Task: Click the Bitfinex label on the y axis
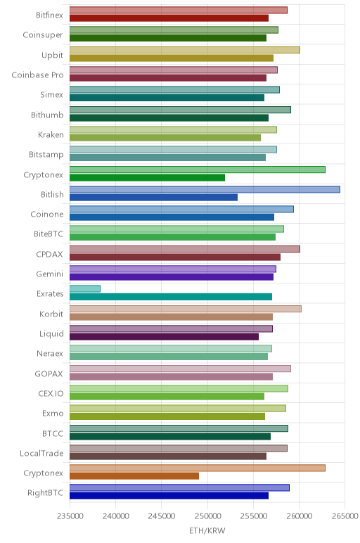click(49, 15)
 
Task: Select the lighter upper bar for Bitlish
click(205, 189)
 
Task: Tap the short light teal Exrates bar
click(85, 289)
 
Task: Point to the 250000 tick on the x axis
click(207, 516)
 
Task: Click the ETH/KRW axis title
click(207, 530)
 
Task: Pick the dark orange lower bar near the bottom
click(134, 475)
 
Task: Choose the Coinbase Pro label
click(38, 75)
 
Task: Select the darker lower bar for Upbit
click(172, 58)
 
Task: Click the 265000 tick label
click(345, 516)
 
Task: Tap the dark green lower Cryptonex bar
click(147, 178)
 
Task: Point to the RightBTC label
click(45, 493)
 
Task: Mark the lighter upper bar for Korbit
click(186, 309)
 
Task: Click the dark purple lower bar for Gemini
click(172, 277)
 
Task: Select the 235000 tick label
click(70, 516)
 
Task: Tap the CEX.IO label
click(51, 393)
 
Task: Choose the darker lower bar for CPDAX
click(175, 257)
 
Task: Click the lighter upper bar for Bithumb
click(180, 110)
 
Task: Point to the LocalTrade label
click(41, 453)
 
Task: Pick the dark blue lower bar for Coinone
click(172, 217)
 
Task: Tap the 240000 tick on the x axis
click(115, 516)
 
